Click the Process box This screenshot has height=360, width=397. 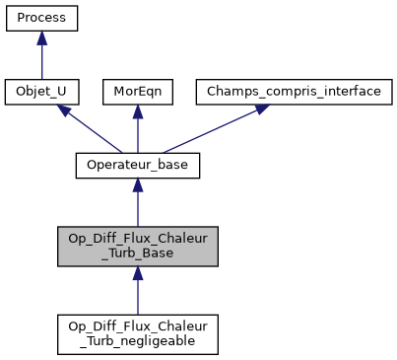pos(41,18)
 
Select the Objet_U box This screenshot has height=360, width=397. pos(41,92)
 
